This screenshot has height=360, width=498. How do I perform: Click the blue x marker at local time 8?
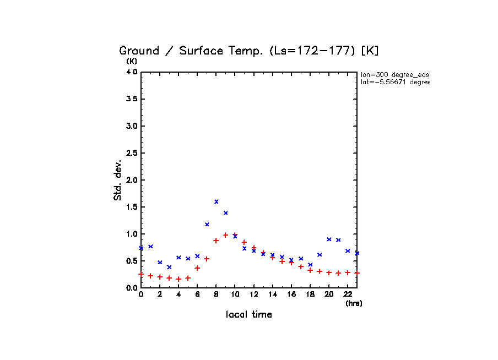click(216, 201)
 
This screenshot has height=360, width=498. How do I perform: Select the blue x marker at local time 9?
click(225, 212)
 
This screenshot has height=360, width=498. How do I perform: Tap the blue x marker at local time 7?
click(207, 225)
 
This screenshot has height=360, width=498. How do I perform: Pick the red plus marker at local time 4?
click(178, 279)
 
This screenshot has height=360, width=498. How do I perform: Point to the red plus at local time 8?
click(216, 241)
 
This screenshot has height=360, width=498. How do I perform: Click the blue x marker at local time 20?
click(329, 239)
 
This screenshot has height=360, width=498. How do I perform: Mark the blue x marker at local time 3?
click(169, 267)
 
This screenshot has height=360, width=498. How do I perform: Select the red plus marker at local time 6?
click(197, 268)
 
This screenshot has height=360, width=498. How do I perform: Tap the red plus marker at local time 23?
click(357, 273)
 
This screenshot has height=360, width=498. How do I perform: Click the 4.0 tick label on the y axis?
click(131, 72)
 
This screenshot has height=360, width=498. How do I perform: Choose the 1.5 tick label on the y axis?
click(131, 207)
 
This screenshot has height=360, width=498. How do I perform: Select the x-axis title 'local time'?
click(249, 315)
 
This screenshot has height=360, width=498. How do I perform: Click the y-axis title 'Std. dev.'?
click(118, 179)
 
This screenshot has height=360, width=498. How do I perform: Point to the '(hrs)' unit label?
click(354, 303)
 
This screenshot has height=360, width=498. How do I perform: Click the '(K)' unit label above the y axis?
click(132, 61)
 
